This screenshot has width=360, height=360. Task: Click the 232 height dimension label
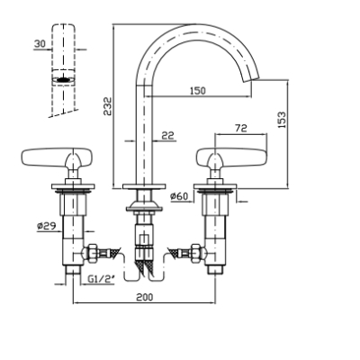[108, 106]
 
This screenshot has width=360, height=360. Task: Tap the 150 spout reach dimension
[198, 90]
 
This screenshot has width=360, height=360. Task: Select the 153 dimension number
[282, 120]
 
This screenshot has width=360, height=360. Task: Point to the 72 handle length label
[241, 128]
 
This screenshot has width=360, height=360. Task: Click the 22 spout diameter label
[168, 136]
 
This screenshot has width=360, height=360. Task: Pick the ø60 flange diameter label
[179, 196]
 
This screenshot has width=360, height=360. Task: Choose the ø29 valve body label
[47, 226]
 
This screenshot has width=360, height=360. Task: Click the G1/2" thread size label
[102, 279]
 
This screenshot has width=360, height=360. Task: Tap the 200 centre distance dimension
[145, 297]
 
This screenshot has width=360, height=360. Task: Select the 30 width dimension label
[40, 44]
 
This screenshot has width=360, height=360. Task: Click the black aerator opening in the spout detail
[63, 80]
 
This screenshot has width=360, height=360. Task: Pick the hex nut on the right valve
[198, 252]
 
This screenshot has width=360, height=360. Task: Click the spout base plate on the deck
[144, 186]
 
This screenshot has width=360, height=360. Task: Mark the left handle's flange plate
[73, 186]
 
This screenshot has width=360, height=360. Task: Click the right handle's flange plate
[215, 186]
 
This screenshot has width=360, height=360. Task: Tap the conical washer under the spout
[144, 206]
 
